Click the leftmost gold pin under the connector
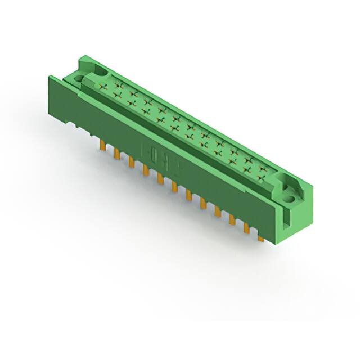tap(102, 146)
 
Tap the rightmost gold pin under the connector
tap(260, 238)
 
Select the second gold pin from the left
tap(117, 154)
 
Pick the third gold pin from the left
tap(132, 162)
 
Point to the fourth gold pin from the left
tap(146, 170)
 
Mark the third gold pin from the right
tap(232, 221)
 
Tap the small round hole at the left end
tap(77, 80)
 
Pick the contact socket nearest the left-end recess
tap(104, 87)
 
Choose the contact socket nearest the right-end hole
tap(262, 178)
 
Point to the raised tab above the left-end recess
tap(84, 59)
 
